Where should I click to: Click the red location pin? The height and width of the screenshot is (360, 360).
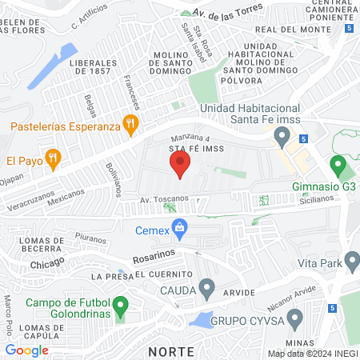(x=179, y=165)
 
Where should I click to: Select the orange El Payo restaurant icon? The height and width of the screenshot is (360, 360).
(x=53, y=158)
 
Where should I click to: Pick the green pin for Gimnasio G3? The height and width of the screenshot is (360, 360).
(x=338, y=167)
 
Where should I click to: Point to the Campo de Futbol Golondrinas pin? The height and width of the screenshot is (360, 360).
(x=121, y=306)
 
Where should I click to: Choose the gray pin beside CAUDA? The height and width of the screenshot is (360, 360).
(x=207, y=286)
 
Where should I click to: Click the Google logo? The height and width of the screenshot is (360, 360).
(x=27, y=350)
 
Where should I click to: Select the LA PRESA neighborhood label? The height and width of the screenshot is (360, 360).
(x=106, y=276)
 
